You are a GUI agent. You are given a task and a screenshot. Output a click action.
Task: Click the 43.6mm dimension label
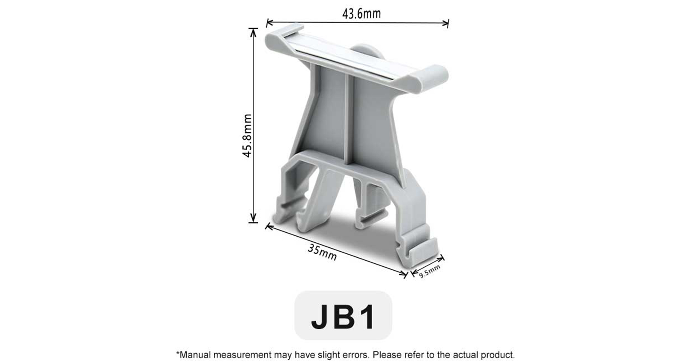[361, 14]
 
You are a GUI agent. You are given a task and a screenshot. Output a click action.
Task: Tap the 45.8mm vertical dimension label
[247, 135]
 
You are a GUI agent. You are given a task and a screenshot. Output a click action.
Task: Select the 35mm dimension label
[322, 252]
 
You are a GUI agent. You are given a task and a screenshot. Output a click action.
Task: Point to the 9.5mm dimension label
[430, 271]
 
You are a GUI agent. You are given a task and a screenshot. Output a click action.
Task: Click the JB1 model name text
[343, 317]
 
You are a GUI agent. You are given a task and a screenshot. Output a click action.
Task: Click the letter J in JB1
[322, 317]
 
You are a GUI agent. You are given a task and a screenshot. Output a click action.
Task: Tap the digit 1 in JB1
[367, 317]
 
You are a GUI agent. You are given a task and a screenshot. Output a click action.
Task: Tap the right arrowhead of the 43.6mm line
[447, 22]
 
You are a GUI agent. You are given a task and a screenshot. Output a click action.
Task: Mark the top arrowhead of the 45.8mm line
[253, 30]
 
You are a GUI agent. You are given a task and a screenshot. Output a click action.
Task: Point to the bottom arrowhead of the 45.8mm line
[253, 220]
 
